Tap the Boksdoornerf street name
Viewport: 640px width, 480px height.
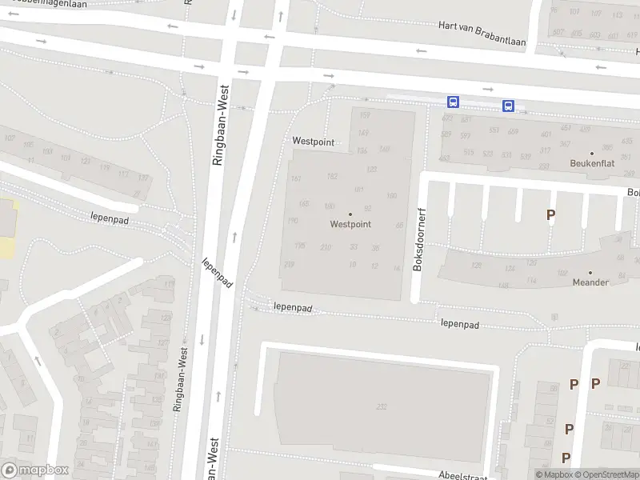(417, 238)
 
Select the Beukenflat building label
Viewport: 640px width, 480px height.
(591, 163)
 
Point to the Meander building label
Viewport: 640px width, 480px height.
(590, 282)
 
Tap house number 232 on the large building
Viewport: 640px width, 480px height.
(382, 406)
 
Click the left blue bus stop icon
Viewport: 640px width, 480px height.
(453, 102)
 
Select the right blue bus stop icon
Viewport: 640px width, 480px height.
(508, 106)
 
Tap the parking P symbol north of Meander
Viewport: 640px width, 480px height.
(550, 214)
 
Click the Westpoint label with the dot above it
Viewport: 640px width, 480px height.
(350, 225)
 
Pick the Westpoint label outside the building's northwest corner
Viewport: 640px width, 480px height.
(312, 141)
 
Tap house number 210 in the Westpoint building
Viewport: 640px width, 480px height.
(326, 247)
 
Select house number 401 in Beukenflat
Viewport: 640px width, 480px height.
(546, 134)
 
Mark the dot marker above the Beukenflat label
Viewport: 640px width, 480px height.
(592, 153)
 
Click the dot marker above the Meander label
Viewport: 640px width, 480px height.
(590, 272)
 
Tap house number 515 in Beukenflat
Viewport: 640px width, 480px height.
(468, 152)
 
